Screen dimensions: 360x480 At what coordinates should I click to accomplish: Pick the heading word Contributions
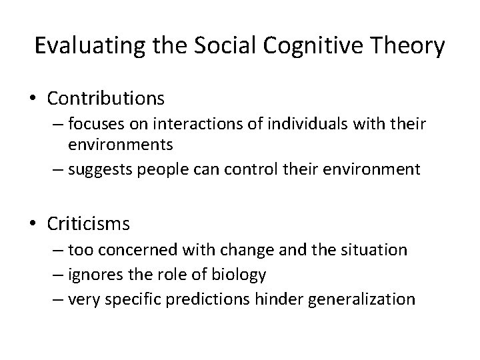(x=105, y=99)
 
